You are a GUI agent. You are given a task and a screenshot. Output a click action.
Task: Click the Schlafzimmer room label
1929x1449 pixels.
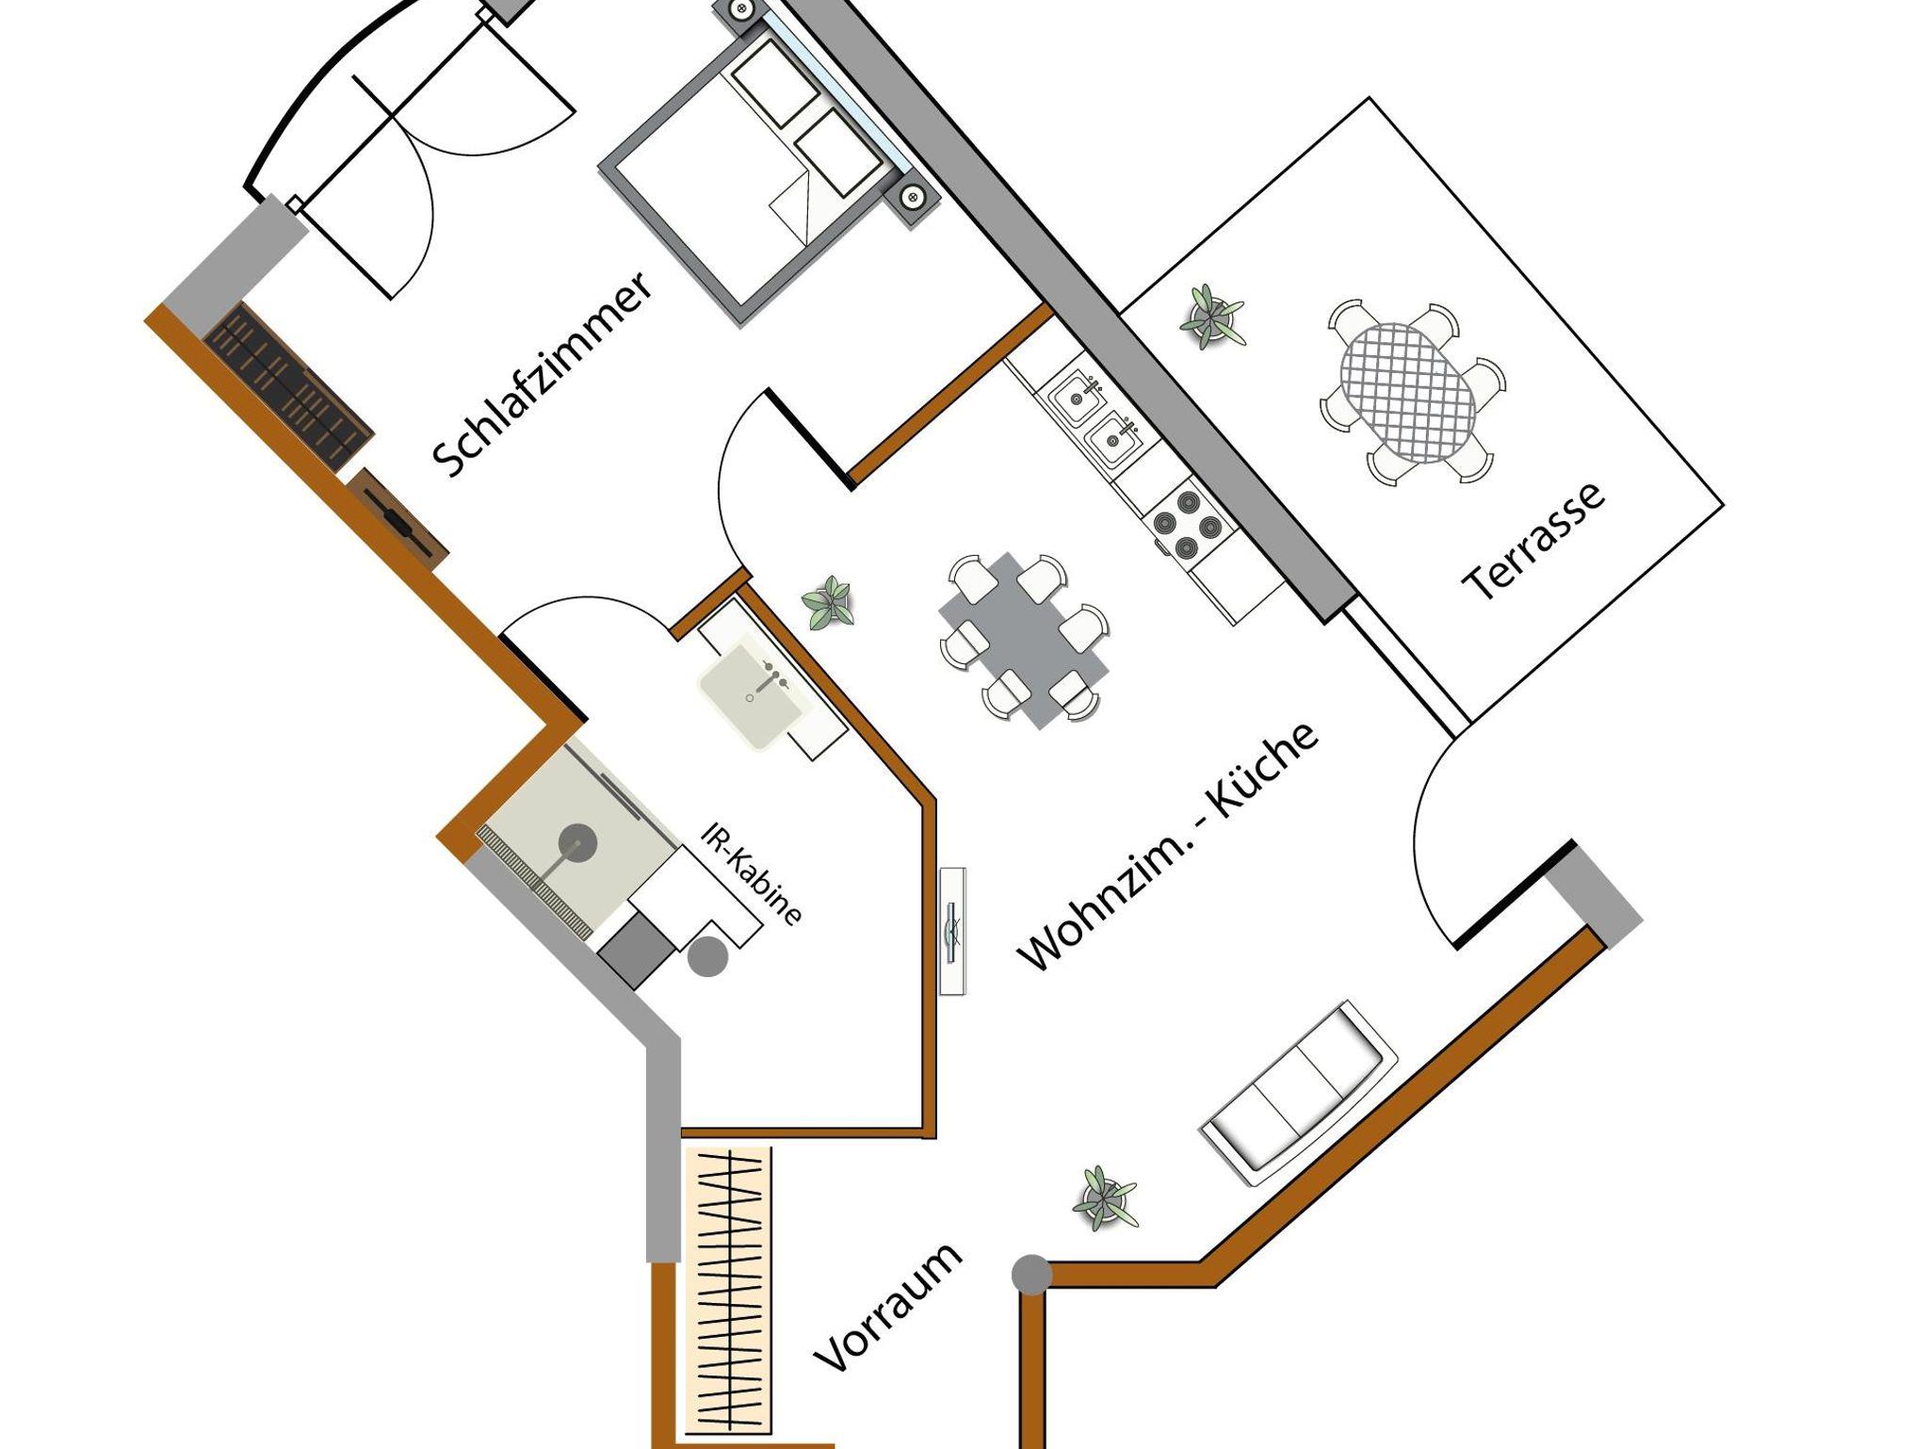543,375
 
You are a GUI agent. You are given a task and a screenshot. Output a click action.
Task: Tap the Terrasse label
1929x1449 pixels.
1533,542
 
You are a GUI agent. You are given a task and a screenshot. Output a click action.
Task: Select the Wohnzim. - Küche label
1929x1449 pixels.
1168,847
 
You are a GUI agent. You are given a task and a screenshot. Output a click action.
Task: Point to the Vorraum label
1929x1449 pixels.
888,1319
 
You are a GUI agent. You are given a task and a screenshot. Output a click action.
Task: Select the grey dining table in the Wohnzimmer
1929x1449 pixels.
1024,640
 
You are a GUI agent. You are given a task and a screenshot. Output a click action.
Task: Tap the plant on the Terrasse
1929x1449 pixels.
1210,317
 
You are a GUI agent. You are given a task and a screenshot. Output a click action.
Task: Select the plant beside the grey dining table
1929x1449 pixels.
830,603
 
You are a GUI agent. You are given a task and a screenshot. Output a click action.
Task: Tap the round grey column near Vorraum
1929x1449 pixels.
1031,1274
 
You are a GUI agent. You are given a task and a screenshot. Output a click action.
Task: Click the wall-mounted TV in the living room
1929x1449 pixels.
953,929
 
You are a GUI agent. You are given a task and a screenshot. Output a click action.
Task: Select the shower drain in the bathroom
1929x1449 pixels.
576,839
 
